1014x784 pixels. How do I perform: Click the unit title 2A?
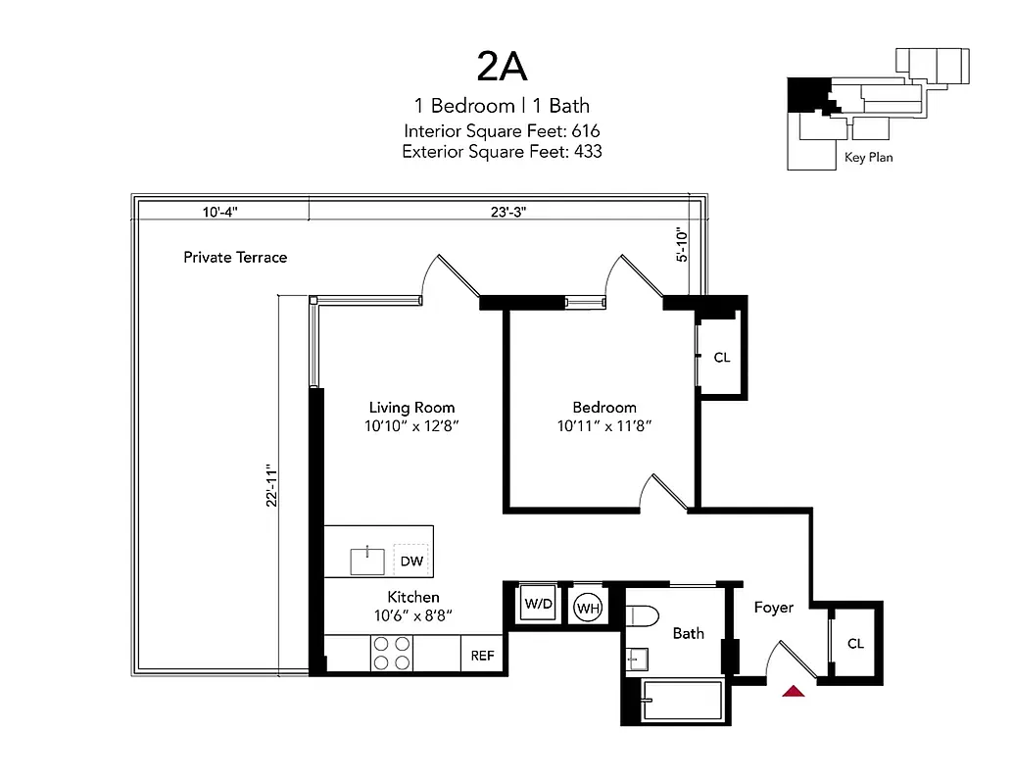[502, 66]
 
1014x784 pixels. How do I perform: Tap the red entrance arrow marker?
[794, 691]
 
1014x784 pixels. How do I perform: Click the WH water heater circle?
[588, 608]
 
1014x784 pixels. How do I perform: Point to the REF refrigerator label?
[482, 656]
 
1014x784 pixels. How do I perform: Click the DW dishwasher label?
[411, 562]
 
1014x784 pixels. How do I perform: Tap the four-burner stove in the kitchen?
[391, 654]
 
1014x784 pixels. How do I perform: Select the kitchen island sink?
[368, 561]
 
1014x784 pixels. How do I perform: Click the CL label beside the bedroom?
[722, 358]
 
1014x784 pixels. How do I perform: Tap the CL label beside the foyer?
[855, 644]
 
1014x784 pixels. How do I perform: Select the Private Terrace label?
[235, 257]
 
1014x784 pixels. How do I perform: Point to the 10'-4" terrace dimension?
[220, 212]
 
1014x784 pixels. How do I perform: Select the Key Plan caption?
[868, 157]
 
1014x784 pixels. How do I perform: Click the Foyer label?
[773, 608]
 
